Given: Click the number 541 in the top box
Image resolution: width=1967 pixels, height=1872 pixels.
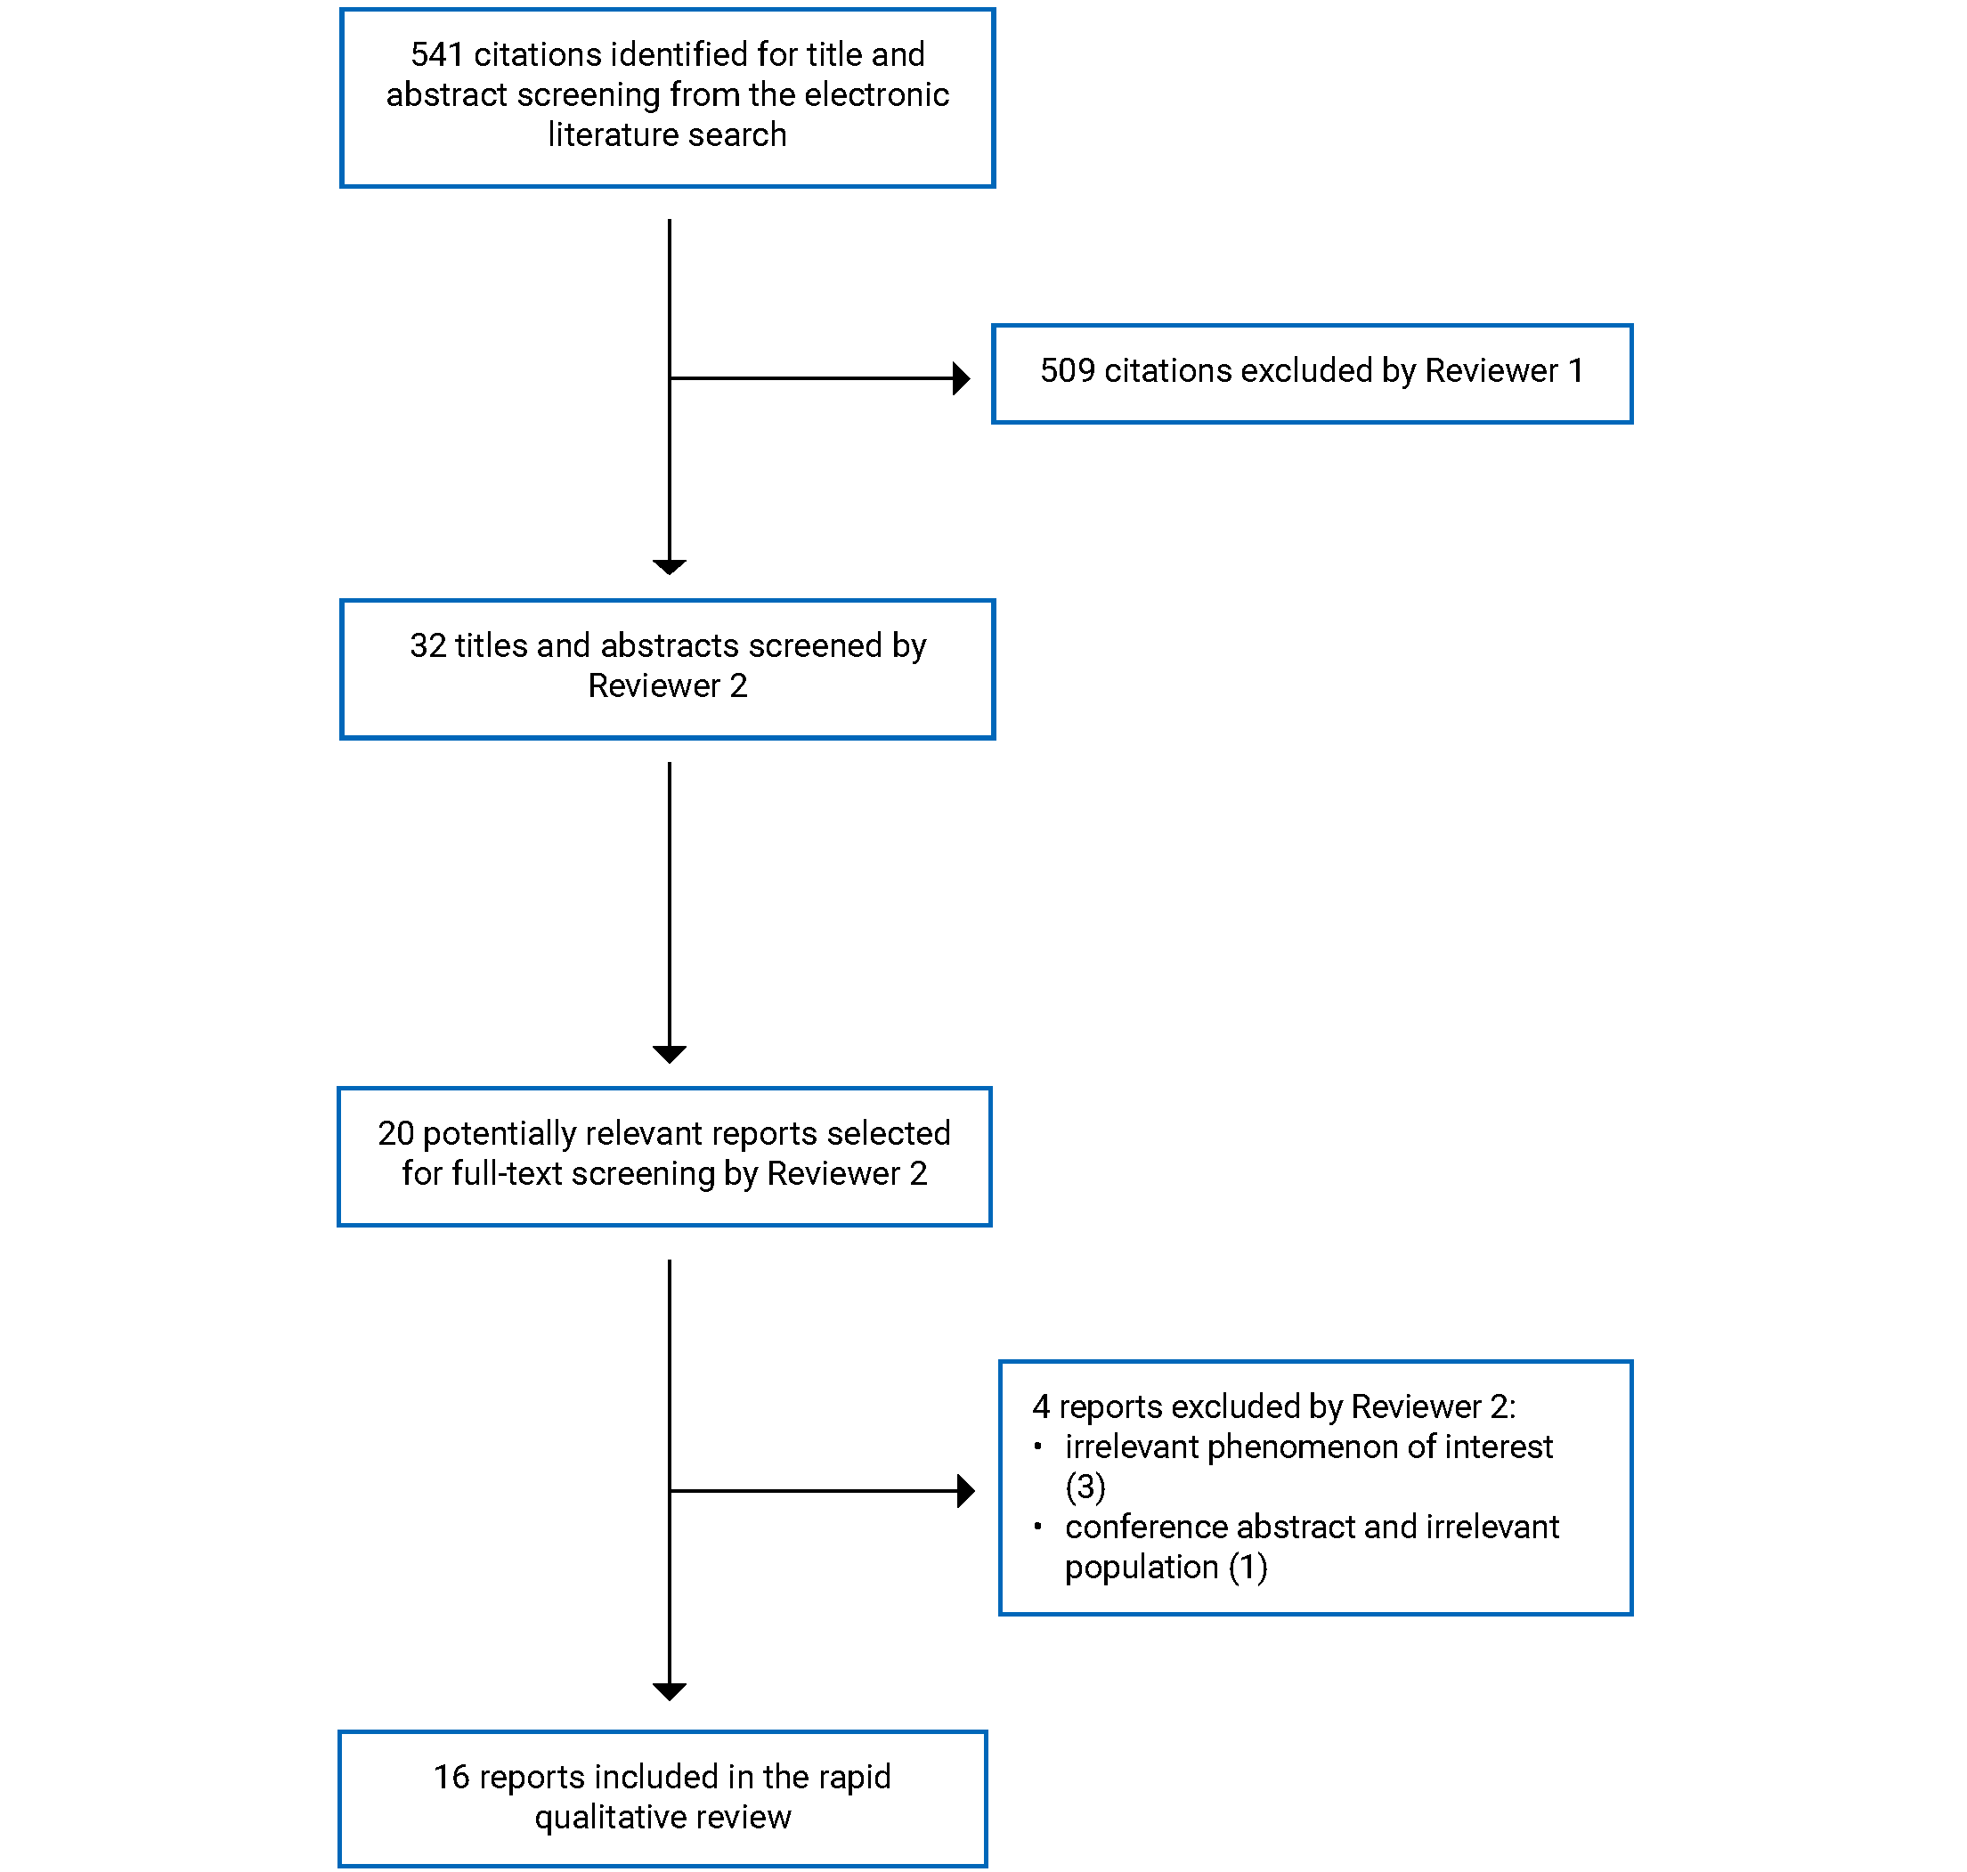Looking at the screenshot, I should (436, 55).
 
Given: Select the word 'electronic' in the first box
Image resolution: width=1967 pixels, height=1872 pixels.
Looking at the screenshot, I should (876, 94).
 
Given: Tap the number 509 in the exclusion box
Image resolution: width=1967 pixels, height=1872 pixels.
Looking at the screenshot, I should (1067, 371).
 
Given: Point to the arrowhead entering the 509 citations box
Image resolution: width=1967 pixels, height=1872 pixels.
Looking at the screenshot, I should (961, 378).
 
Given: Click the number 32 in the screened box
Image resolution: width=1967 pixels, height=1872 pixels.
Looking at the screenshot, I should (427, 646).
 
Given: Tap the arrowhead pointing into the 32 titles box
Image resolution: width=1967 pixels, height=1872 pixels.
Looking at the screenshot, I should (669, 567).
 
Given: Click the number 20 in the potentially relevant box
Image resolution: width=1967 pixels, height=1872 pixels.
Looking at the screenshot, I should (395, 1133).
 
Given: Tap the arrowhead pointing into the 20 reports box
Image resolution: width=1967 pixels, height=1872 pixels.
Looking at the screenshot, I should (669, 1054).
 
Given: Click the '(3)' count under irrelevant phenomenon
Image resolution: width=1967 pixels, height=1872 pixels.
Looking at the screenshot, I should (1085, 1487).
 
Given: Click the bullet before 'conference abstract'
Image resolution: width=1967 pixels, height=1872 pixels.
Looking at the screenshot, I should (1038, 1526).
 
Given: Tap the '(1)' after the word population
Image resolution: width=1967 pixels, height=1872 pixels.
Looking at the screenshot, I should (1248, 1568).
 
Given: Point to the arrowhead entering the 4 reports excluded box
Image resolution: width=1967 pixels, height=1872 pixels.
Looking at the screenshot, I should (965, 1491).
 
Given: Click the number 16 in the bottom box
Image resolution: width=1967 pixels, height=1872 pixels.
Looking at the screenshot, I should (451, 1778).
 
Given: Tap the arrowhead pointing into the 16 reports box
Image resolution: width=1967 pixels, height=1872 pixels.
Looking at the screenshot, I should (669, 1691).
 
